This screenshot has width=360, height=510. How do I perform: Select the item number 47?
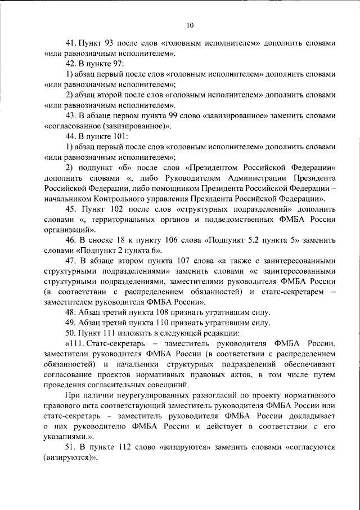[x=71, y=261]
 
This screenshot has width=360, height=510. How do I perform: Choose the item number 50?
[x=71, y=333]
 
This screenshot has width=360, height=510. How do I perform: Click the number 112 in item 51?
[x=125, y=447]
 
